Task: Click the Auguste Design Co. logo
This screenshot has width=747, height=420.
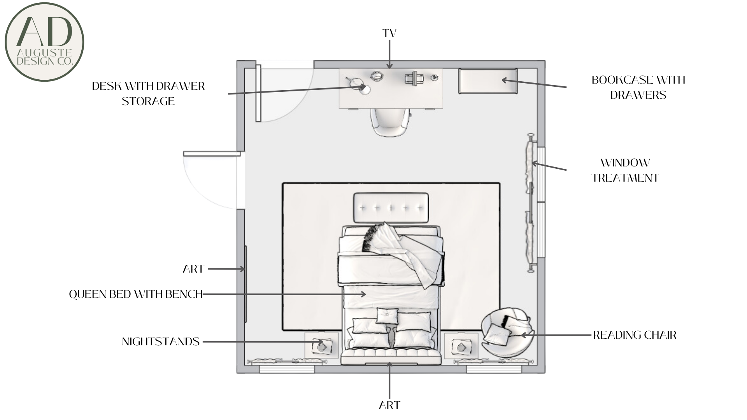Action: click(44, 42)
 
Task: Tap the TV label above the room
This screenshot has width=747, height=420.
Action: click(389, 33)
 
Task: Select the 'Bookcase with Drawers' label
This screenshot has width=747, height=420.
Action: click(638, 87)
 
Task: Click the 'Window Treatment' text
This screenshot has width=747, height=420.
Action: click(625, 170)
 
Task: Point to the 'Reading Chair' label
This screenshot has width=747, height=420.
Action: click(635, 335)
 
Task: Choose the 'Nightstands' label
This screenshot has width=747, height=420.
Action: click(161, 341)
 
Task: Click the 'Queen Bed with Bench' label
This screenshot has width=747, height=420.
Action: click(136, 294)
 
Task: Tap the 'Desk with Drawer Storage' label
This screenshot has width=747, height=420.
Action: click(148, 94)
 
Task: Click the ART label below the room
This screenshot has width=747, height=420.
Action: click(389, 405)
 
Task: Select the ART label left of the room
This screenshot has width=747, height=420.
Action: click(193, 269)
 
